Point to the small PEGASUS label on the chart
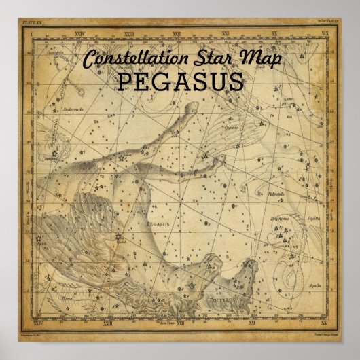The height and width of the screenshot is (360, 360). [x=159, y=221]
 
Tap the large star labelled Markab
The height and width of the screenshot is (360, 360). [x=119, y=237]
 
